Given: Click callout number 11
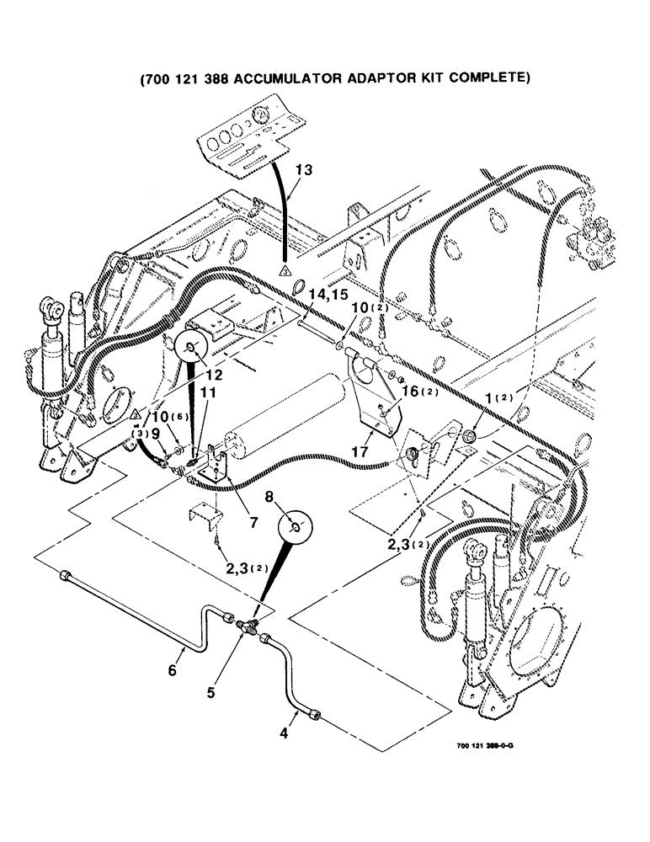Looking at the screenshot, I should [x=207, y=392].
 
